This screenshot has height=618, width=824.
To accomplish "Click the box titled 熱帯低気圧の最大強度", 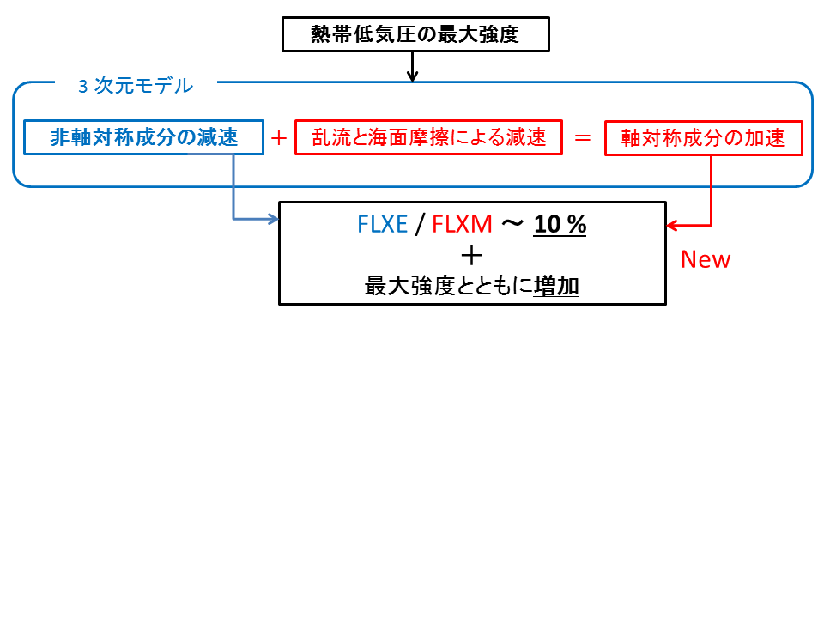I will [x=415, y=34].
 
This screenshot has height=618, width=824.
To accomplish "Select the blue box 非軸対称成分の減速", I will [x=143, y=137].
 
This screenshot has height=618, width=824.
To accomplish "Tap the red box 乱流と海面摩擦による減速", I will [x=428, y=137].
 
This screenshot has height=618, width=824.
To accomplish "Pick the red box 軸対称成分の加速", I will [x=703, y=137].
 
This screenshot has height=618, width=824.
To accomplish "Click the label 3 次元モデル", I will [x=136, y=86].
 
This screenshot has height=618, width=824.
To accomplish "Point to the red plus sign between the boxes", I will [x=279, y=137].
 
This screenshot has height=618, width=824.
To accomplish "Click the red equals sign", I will [x=583, y=137].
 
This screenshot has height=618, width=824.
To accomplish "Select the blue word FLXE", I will [x=382, y=225].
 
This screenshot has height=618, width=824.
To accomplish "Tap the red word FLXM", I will [x=462, y=225].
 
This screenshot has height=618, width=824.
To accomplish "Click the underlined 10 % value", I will [x=560, y=225].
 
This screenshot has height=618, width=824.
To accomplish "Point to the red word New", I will [x=705, y=259].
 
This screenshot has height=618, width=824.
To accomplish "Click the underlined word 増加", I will [x=556, y=286].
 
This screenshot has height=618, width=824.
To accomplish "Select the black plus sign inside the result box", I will [x=471, y=255].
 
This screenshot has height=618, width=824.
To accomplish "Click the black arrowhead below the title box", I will [x=412, y=76].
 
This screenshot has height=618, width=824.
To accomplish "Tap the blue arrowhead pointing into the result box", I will [x=274, y=219].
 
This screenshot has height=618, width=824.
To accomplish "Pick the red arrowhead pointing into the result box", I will [x=672, y=226].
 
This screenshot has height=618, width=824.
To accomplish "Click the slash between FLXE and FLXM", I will [x=420, y=225].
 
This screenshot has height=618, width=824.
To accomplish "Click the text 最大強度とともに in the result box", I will [x=448, y=286].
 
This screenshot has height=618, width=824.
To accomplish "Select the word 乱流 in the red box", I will [x=327, y=137].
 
